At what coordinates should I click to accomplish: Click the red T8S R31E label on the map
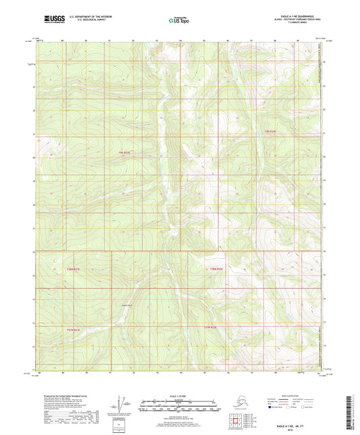(124, 155)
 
